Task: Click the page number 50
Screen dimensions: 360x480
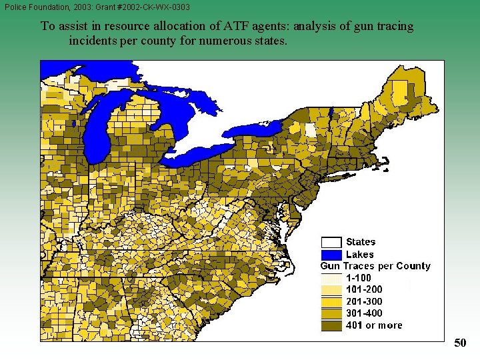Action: click(x=460, y=343)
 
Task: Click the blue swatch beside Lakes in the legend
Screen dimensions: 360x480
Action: click(x=331, y=254)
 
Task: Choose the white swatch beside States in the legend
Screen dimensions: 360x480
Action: click(x=331, y=242)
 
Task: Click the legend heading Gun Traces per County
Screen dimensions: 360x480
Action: click(x=375, y=266)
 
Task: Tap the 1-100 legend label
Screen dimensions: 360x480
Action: click(x=359, y=278)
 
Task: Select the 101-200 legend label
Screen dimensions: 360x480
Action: click(x=364, y=290)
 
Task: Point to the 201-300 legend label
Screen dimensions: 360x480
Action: click(x=364, y=302)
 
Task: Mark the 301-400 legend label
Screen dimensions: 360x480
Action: click(x=364, y=313)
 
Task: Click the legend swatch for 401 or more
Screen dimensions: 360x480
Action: click(x=331, y=325)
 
